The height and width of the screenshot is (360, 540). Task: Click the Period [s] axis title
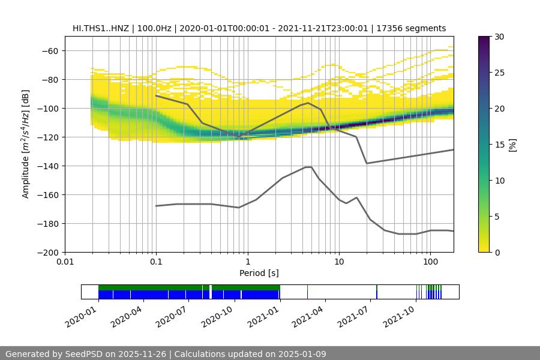click(x=259, y=273)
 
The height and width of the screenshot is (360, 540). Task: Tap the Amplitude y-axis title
click(x=26, y=144)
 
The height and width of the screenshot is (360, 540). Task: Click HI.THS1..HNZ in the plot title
click(x=100, y=28)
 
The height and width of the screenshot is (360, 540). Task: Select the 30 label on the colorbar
click(x=499, y=37)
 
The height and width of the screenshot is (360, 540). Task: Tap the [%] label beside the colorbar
click(x=513, y=145)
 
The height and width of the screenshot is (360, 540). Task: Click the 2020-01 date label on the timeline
click(x=82, y=314)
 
